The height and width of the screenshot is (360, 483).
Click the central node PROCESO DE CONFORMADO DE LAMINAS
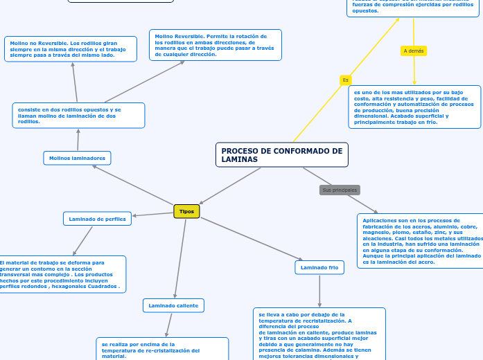(281, 155)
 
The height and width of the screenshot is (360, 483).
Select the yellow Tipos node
(186, 211)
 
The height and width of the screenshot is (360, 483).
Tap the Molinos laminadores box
(77, 158)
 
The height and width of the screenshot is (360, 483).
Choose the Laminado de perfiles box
(97, 219)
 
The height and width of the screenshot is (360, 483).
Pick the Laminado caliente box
(173, 305)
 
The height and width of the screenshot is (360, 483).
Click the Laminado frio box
(319, 267)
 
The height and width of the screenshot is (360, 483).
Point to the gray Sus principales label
(340, 190)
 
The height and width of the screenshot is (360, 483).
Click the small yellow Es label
(345, 80)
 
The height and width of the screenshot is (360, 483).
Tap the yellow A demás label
(414, 51)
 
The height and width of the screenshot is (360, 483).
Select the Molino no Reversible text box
(70, 48)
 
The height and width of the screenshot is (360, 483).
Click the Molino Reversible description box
(215, 45)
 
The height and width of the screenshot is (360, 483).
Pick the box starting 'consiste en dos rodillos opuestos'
(78, 116)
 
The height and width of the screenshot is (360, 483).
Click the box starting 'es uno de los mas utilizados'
(414, 107)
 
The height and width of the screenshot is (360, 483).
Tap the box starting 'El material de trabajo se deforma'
(62, 274)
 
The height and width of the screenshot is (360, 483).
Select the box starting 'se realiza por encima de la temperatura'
(162, 349)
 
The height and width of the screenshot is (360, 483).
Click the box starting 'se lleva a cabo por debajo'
(319, 334)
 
